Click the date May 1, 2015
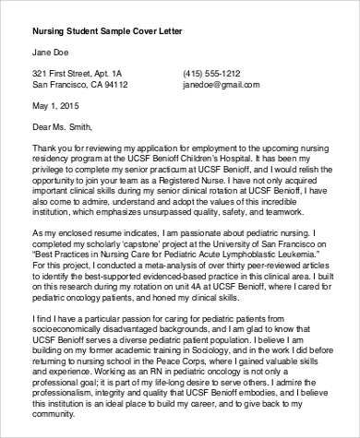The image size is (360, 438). pos(54,105)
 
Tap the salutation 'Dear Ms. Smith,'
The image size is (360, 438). pos(64,126)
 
